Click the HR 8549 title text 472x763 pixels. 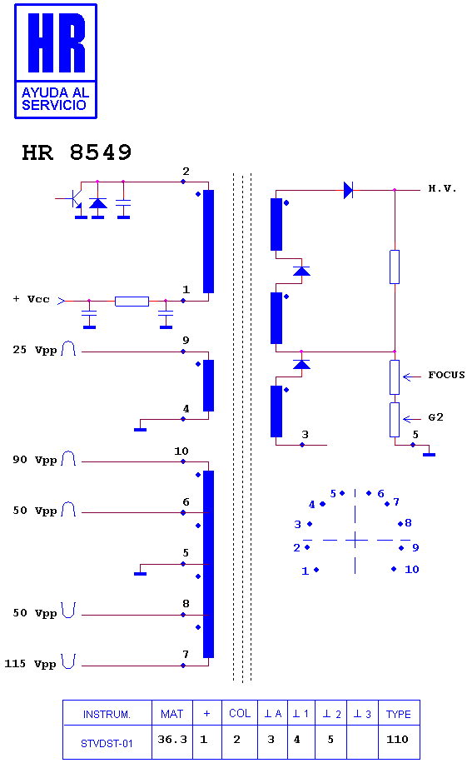(x=77, y=152)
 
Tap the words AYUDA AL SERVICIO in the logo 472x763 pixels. (x=55, y=99)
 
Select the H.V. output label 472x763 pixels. (x=442, y=188)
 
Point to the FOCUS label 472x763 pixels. (x=446, y=375)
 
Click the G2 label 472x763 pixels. (x=435, y=417)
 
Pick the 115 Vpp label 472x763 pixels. (x=30, y=664)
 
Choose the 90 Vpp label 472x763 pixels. (x=34, y=460)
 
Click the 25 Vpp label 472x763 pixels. (x=34, y=350)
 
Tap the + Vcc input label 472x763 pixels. (x=31, y=299)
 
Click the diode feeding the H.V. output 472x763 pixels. (x=348, y=190)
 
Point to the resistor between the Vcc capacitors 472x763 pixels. (x=132, y=302)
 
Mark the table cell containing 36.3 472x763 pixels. (x=172, y=741)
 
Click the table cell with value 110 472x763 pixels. (x=399, y=741)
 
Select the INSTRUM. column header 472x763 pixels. (x=107, y=714)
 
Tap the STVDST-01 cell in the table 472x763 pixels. (x=107, y=742)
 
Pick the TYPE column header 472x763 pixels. (x=399, y=714)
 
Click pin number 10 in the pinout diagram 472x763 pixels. (x=412, y=569)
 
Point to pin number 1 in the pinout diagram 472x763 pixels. (x=305, y=571)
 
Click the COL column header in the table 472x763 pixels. (x=240, y=713)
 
